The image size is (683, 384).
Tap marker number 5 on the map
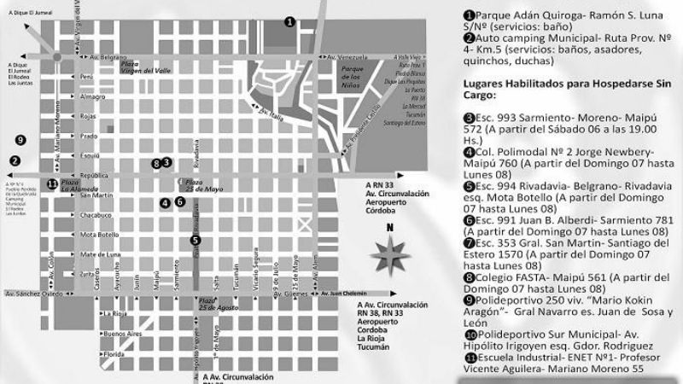tap(196, 241)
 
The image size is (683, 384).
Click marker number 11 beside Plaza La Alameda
tap(52, 183)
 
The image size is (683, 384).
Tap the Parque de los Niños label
tap(353, 74)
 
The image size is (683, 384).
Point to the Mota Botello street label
tap(99, 234)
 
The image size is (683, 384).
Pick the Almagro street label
tap(92, 96)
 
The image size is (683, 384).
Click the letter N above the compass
tap(391, 228)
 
